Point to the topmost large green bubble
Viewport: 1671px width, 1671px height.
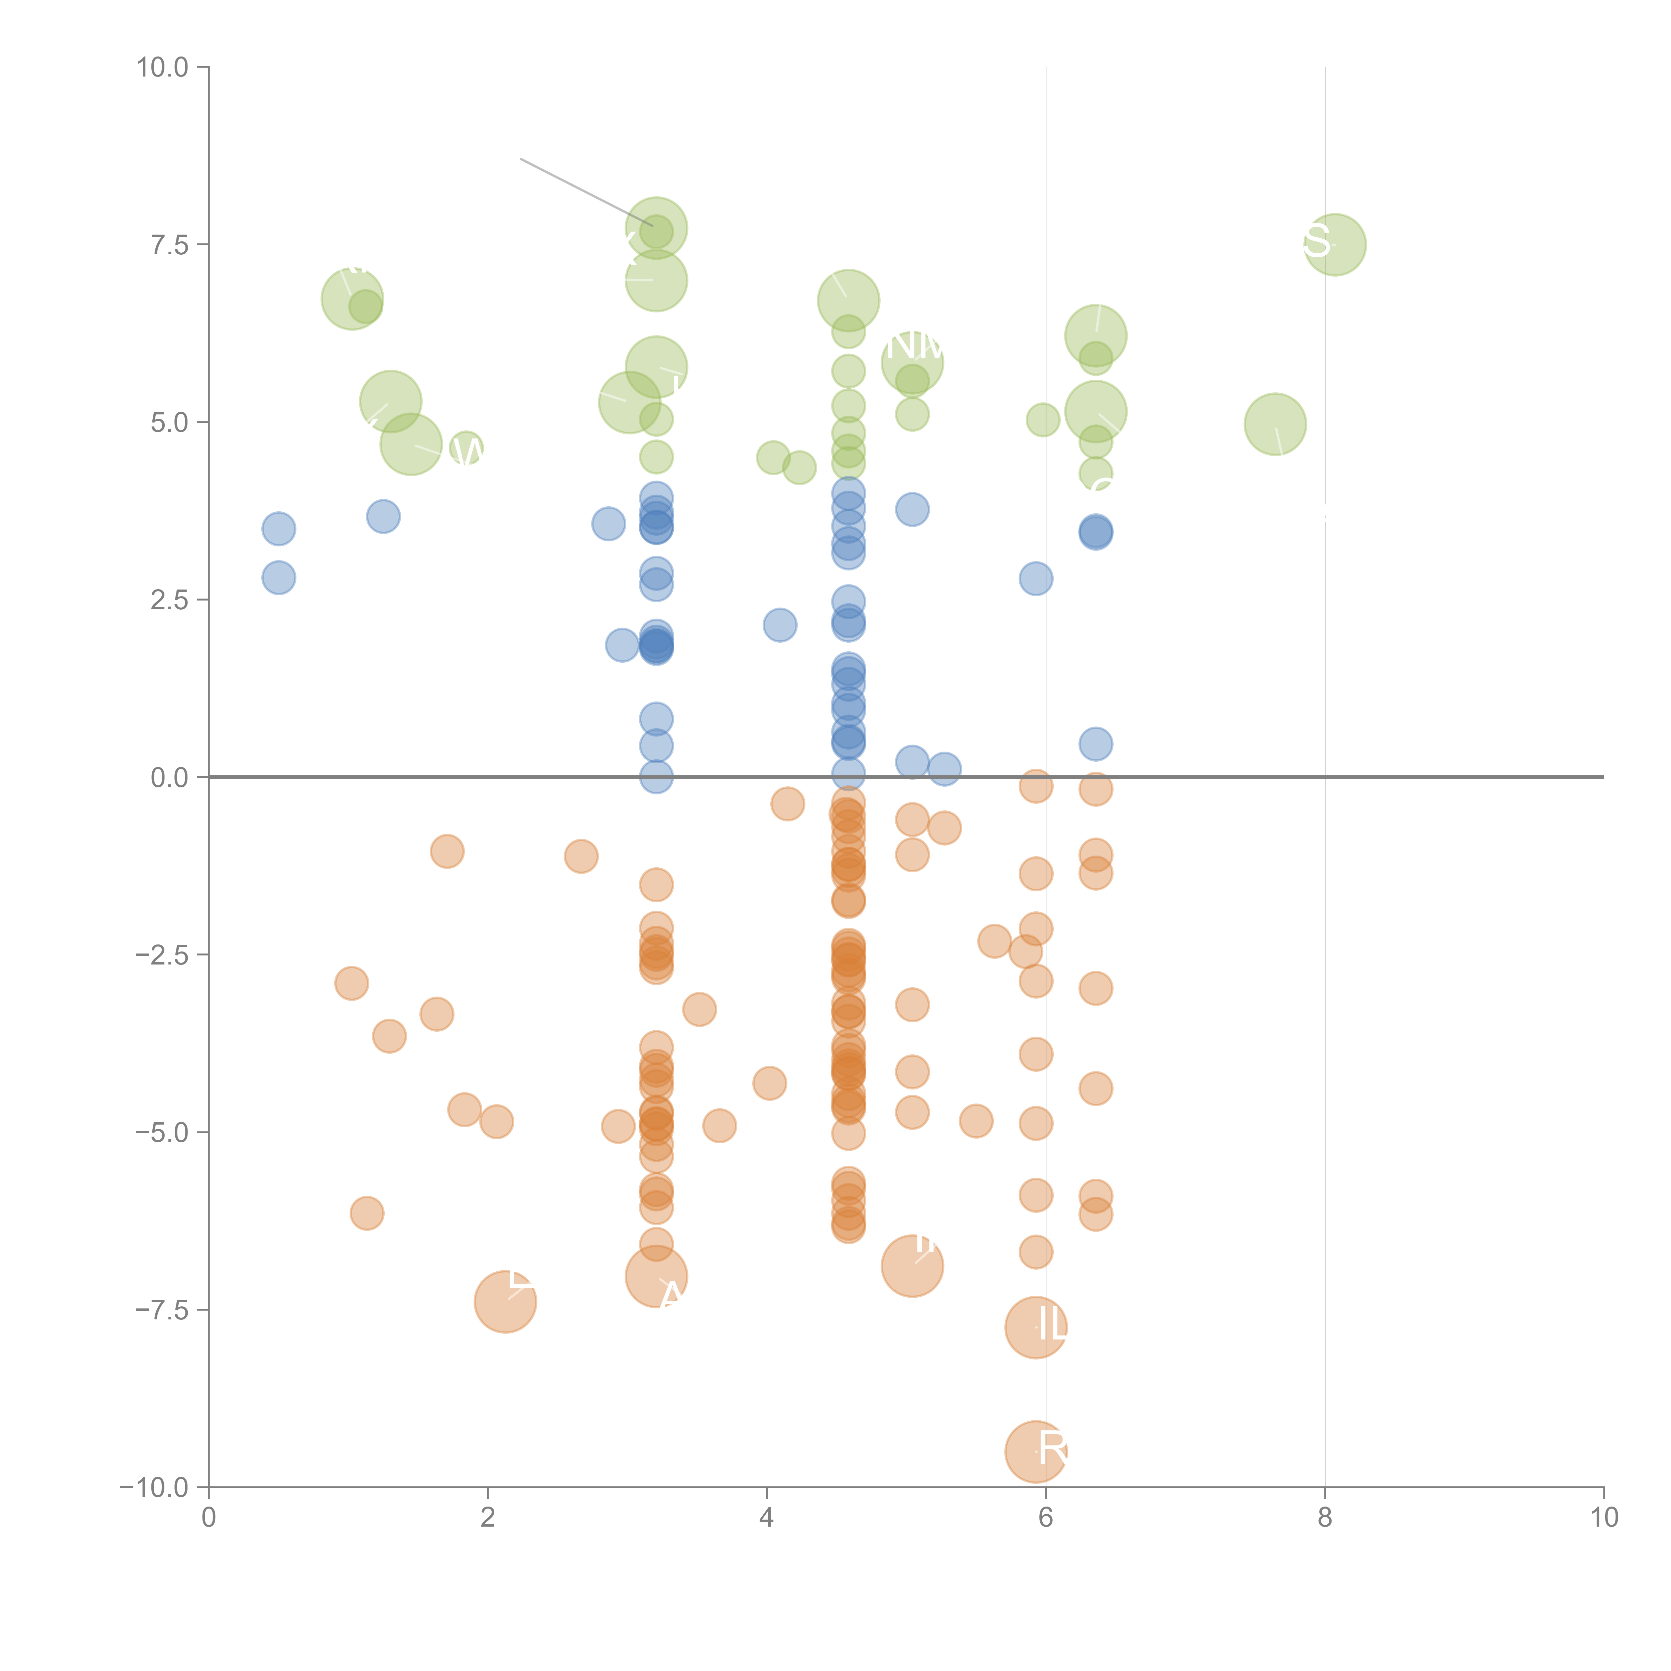click(656, 228)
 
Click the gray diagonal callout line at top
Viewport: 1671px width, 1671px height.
click(587, 192)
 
